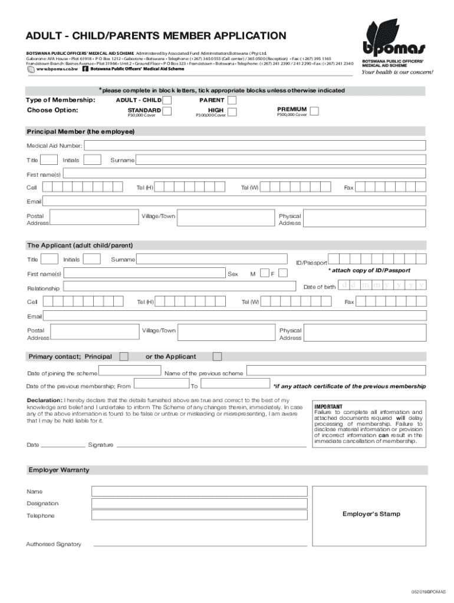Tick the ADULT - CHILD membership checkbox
pyautogui.click(x=167, y=100)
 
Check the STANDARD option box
pyautogui.click(x=167, y=111)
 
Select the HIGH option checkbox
pyautogui.click(x=232, y=112)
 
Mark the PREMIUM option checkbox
pyautogui.click(x=315, y=111)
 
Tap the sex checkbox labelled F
pyautogui.click(x=283, y=273)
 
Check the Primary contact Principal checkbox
pyautogui.click(x=124, y=356)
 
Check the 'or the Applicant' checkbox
pyautogui.click(x=218, y=356)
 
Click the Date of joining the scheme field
pyautogui.click(x=130, y=371)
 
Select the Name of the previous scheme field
pyautogui.click(x=335, y=371)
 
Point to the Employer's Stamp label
pyautogui.click(x=371, y=514)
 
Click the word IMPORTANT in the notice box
pyautogui.click(x=328, y=406)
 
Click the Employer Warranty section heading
pyautogui.click(x=59, y=470)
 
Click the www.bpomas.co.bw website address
pyautogui.click(x=57, y=69)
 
